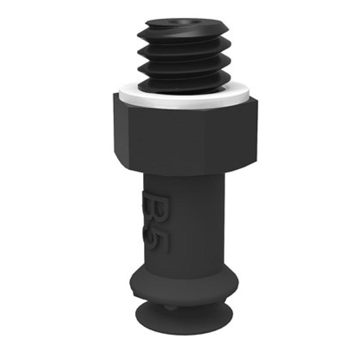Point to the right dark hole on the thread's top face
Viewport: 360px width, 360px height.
click(x=196, y=22)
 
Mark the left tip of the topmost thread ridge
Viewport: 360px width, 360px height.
click(x=138, y=36)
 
